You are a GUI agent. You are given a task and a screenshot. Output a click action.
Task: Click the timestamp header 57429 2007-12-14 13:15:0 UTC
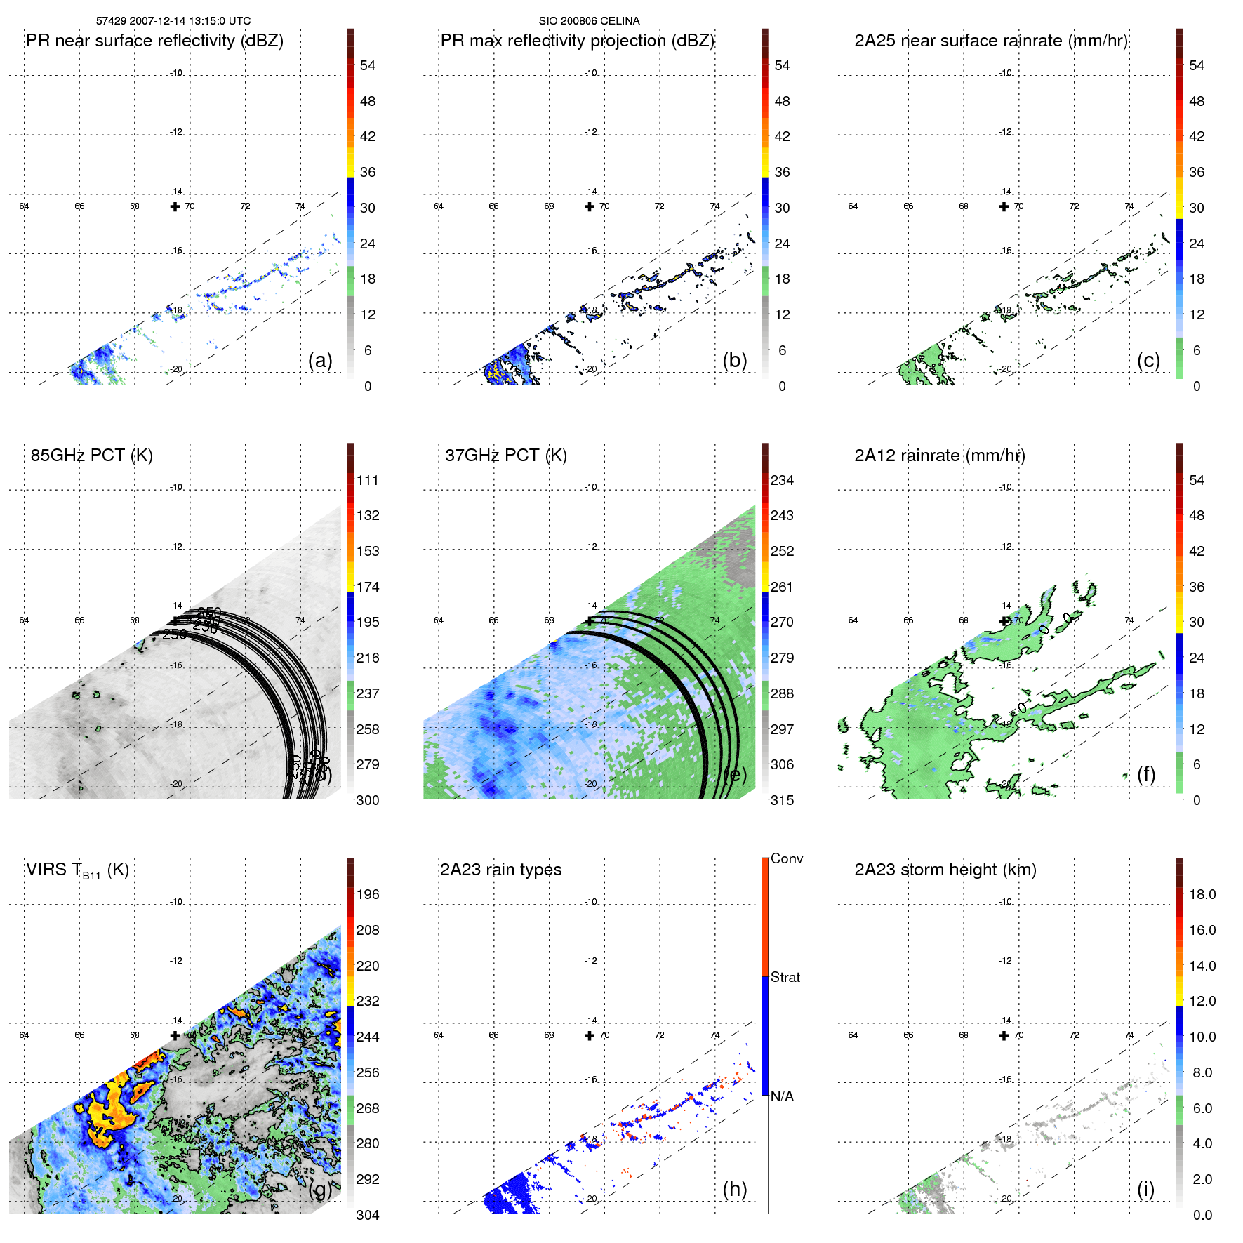click(173, 21)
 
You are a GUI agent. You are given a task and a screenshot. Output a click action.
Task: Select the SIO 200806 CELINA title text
click(589, 21)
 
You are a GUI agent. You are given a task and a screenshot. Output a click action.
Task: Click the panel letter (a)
click(320, 360)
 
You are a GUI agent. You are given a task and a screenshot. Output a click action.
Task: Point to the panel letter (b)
click(734, 360)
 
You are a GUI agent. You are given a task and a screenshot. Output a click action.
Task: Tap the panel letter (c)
click(1148, 360)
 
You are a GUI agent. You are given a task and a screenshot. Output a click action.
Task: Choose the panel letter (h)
click(734, 1188)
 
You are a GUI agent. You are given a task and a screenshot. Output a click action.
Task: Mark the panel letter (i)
click(1145, 1188)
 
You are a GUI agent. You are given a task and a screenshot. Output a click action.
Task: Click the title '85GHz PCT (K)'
click(92, 456)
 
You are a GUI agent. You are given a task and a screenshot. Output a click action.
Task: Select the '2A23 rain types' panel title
click(500, 870)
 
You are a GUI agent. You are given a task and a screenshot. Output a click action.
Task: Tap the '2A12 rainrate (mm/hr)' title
click(940, 456)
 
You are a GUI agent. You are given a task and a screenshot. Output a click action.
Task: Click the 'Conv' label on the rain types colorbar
click(787, 858)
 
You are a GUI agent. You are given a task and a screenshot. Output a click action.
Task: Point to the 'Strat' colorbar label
click(785, 977)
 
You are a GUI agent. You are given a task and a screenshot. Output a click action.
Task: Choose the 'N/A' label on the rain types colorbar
click(782, 1096)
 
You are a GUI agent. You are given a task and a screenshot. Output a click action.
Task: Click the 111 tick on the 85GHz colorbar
click(368, 480)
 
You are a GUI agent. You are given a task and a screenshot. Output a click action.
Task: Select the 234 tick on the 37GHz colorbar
click(782, 480)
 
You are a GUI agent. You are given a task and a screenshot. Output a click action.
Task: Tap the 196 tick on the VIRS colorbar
click(368, 894)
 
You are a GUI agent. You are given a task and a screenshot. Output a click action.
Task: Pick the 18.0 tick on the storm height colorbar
click(1202, 894)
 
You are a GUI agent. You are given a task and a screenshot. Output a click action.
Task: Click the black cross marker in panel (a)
click(175, 206)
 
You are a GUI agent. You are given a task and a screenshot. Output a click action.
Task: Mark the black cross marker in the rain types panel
click(590, 1035)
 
